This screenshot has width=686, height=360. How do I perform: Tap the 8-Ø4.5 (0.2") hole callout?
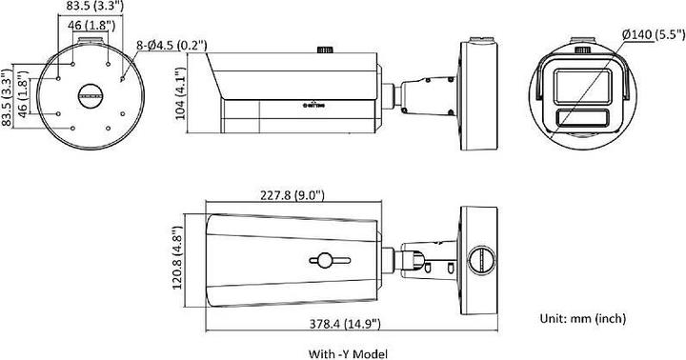pyautogui.click(x=172, y=44)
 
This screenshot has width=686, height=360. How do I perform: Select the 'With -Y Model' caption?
pyautogui.click(x=348, y=352)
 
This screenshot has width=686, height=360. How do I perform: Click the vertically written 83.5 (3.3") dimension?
pyautogui.click(x=8, y=94)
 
